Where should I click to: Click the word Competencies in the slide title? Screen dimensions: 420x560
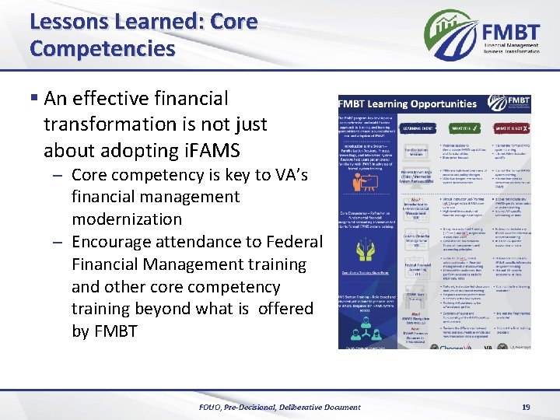(103, 48)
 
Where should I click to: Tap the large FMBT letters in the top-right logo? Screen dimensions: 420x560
(511, 33)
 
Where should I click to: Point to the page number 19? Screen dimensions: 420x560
(526, 407)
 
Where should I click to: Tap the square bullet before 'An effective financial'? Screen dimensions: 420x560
(34, 100)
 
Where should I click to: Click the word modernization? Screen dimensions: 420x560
(126, 219)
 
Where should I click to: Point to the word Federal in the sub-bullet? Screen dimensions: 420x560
(294, 241)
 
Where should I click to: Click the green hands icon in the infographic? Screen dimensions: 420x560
(363, 250)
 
